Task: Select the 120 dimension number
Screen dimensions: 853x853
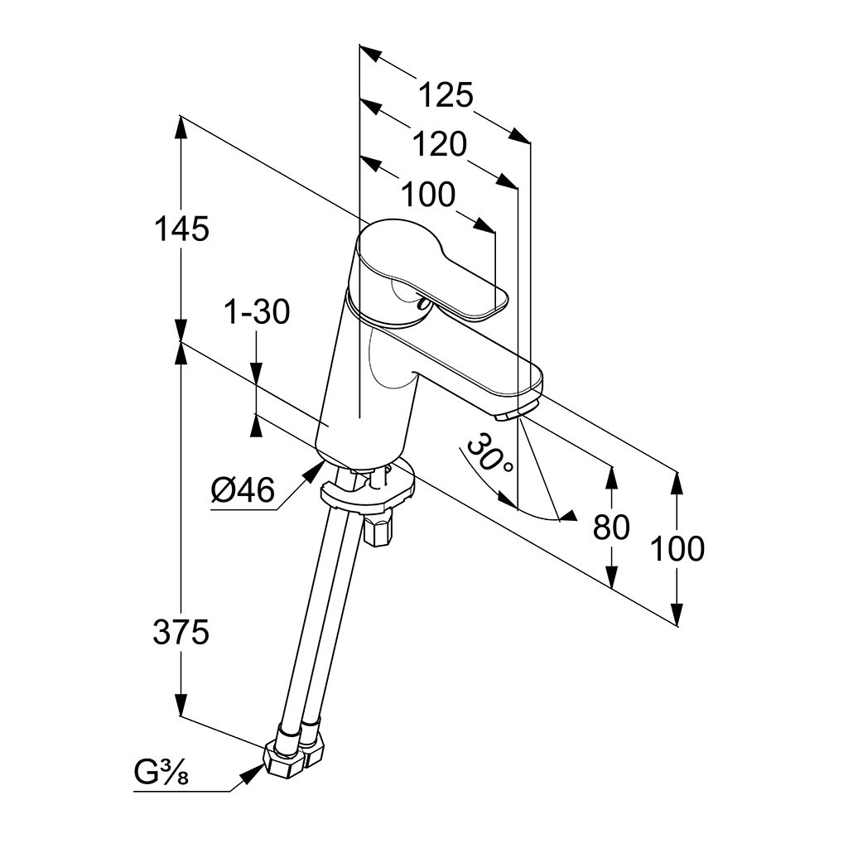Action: point(439,145)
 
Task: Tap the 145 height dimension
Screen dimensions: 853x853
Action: point(181,229)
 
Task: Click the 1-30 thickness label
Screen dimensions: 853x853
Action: point(257,312)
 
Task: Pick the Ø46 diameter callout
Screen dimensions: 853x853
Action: point(242,491)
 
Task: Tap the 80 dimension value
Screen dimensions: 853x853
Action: point(611,527)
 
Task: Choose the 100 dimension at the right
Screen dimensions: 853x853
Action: point(677,548)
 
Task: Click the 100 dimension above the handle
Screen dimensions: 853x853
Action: point(428,195)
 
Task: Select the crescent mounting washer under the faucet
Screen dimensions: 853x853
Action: point(364,492)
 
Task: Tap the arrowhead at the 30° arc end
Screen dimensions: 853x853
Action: point(566,518)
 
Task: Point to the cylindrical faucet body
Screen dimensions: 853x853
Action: point(364,381)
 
